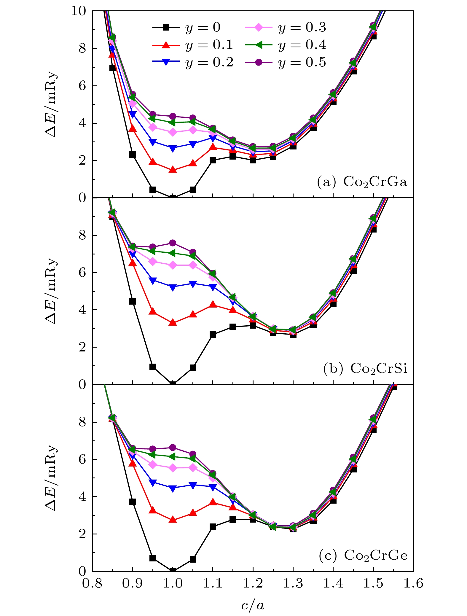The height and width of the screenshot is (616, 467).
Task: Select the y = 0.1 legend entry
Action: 193,45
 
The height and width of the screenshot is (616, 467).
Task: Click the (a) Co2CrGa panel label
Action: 362,182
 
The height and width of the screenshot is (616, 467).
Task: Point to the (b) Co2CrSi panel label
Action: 365,369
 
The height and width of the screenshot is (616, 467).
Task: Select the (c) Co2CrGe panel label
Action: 363,555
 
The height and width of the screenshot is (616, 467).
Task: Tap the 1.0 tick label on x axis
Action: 173,584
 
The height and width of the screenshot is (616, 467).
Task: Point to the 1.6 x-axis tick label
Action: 413,584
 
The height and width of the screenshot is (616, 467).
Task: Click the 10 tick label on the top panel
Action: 78,11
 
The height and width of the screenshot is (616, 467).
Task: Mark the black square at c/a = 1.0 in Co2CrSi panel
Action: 173,384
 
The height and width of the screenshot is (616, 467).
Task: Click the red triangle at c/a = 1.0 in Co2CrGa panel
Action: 173,170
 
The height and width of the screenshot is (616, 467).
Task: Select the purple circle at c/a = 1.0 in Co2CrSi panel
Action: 173,243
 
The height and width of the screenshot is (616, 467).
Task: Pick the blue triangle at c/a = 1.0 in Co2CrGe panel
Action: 173,488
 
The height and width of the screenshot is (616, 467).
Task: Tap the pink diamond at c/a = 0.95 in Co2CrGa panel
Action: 153,128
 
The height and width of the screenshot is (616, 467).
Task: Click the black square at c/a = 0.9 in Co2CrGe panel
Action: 133,502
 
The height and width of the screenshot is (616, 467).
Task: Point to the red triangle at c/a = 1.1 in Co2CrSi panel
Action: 213,305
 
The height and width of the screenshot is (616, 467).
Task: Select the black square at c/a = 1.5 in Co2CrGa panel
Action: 373,36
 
